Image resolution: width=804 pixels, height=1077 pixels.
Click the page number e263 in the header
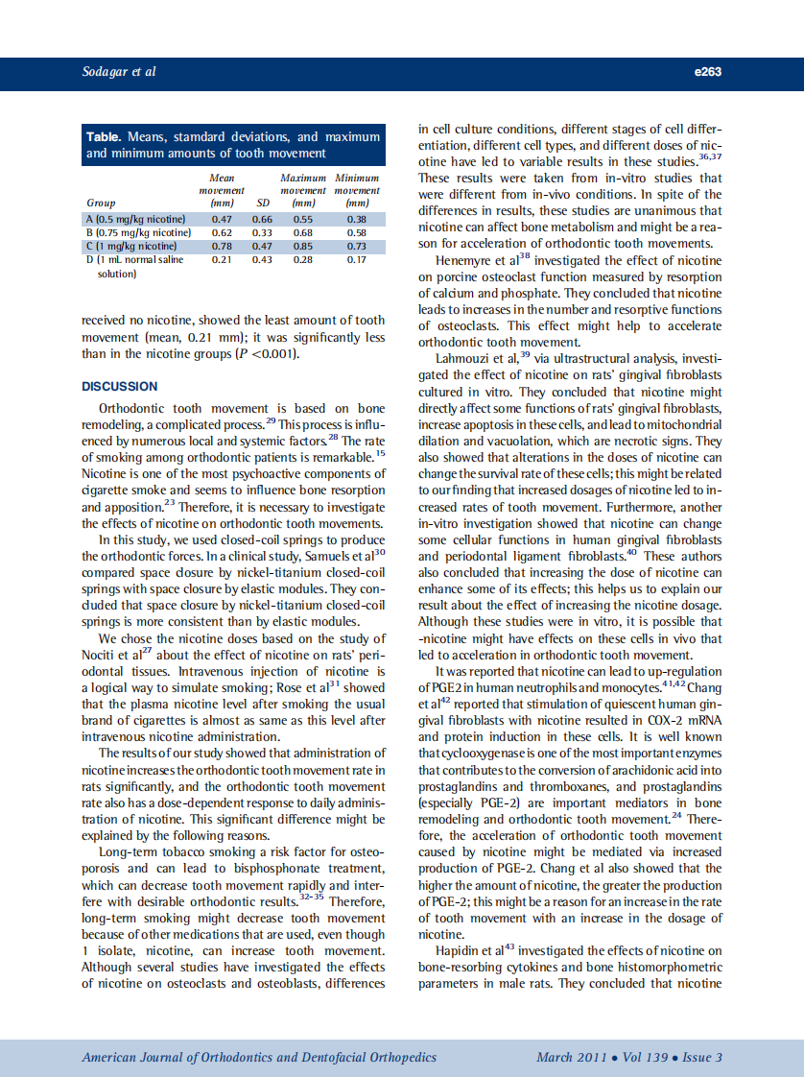[x=705, y=72]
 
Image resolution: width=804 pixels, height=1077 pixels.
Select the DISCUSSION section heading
[x=120, y=387]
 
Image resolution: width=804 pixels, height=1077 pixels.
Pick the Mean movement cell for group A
[x=222, y=219]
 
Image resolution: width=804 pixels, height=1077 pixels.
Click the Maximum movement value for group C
[x=303, y=246]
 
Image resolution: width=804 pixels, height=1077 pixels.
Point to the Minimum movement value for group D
[x=357, y=259]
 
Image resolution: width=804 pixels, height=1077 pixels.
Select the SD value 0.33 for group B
[x=262, y=232]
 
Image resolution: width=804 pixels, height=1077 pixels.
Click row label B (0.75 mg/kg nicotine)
[x=138, y=232]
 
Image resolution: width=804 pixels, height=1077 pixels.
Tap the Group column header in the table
[x=101, y=203]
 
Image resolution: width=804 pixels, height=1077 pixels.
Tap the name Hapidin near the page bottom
[x=459, y=950]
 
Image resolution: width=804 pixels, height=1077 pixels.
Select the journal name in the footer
[x=259, y=1058]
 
